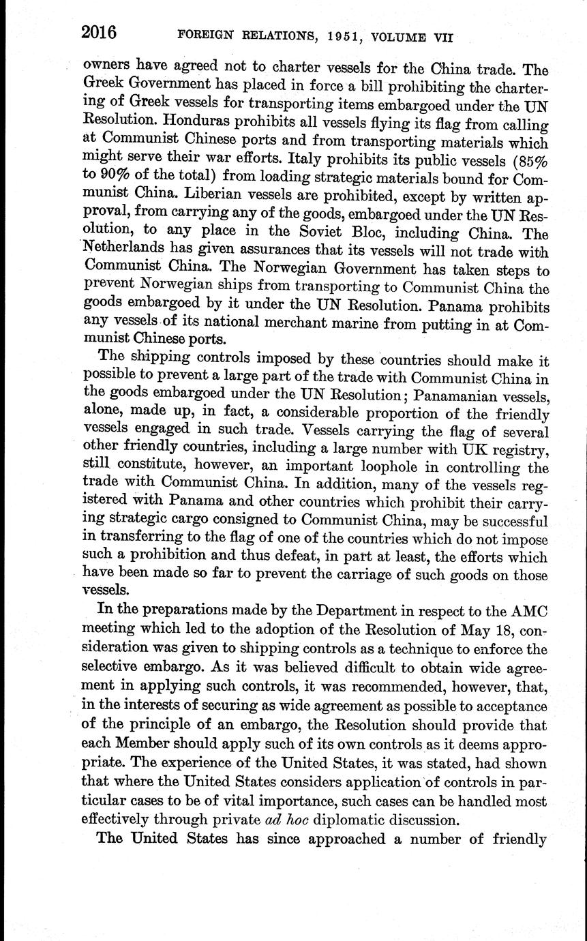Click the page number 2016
tap(100, 33)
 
